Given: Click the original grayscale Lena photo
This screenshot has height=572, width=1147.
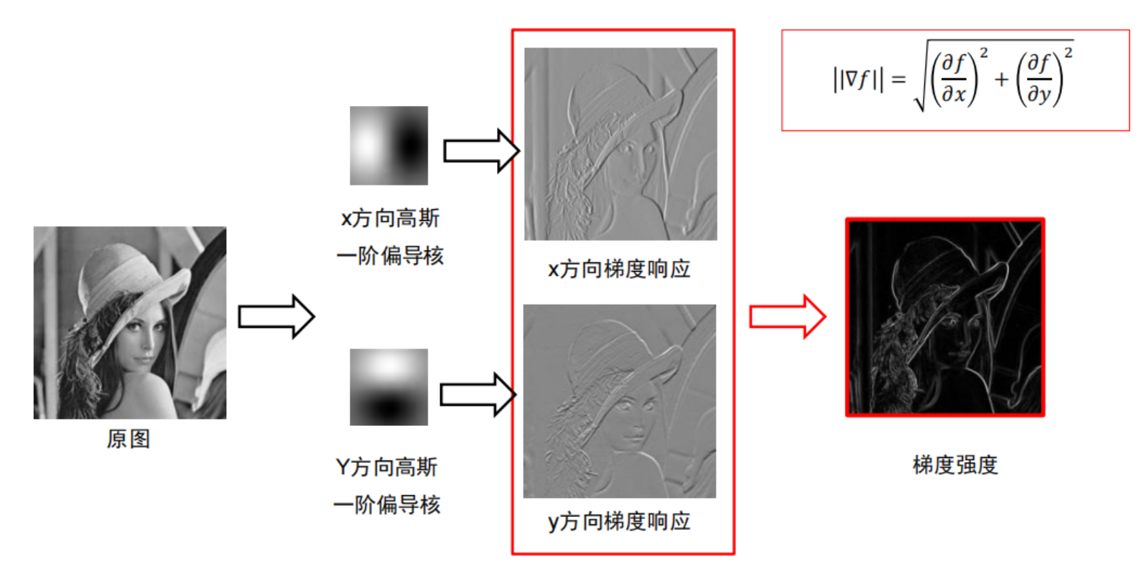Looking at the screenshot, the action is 130,322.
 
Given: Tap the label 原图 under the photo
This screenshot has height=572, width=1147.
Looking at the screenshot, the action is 128,439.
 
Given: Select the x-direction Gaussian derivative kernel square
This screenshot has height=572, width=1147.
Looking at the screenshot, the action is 388,145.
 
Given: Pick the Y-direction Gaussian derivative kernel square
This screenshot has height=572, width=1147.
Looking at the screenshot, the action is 388,387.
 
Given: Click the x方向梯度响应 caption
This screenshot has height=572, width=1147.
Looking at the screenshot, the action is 619,269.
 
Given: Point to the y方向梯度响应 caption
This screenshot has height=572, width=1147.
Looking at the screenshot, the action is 619,522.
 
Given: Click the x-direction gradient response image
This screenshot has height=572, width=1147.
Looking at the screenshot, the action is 620,143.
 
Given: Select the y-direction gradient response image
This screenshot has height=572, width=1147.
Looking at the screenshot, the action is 619,401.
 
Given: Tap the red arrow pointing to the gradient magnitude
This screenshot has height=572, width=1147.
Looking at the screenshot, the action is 787,316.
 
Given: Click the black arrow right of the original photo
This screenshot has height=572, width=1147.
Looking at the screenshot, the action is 276,317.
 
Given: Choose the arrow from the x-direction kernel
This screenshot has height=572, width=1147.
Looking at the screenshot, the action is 481,150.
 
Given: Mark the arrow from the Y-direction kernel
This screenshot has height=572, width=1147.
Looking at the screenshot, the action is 478,394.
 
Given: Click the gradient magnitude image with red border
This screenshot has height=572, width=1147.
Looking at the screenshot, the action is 945,317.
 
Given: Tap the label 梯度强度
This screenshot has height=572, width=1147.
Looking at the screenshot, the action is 955,465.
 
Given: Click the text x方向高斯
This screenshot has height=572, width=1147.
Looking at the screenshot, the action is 390,218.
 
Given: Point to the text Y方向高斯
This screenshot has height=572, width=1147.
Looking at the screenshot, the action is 386,467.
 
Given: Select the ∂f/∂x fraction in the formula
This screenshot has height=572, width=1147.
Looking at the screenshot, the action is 954,79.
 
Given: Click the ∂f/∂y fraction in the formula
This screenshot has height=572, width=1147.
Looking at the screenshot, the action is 1039,79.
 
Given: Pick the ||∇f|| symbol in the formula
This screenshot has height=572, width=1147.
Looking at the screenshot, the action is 858,79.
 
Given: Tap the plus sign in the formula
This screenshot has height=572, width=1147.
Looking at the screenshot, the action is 1001,79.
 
